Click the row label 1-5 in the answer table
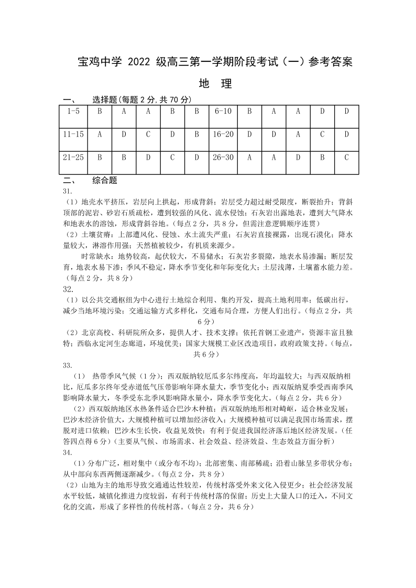[73, 111]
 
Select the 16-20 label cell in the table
[223, 134]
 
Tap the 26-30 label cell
[223, 157]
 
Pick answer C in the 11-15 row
[148, 134]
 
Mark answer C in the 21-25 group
[172, 157]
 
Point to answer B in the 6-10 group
[249, 111]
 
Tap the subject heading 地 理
[215, 84]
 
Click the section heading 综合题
[104, 181]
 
